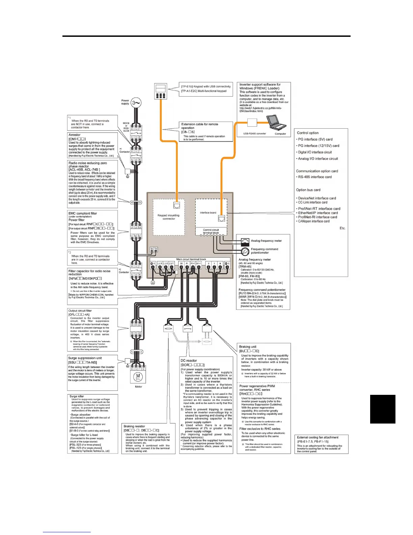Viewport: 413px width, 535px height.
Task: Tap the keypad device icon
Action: point(161,91)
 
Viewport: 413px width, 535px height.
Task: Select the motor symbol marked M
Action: point(138,377)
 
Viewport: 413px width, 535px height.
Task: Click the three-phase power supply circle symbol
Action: point(136,103)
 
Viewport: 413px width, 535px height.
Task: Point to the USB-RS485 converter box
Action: point(252,122)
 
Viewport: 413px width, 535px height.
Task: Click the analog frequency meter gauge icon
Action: point(245,241)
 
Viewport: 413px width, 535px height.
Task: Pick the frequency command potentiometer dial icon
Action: point(245,251)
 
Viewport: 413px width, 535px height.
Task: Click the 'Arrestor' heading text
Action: point(75,135)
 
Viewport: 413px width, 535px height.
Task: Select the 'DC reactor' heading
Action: point(189,360)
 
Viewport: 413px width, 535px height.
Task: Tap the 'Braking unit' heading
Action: point(248,347)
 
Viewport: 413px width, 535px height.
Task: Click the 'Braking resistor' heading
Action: point(134,426)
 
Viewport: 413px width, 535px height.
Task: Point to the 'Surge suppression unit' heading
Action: point(85,358)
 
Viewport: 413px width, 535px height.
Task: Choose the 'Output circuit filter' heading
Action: point(80,311)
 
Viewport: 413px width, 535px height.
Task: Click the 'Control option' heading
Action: point(307,133)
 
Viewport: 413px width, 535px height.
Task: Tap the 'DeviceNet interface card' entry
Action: point(317,198)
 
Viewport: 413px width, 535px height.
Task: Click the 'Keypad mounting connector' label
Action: point(169,217)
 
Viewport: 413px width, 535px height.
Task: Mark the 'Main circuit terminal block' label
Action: point(191,259)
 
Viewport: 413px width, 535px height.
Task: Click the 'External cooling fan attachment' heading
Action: point(318,437)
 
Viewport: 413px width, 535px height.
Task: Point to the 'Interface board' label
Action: point(208,213)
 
